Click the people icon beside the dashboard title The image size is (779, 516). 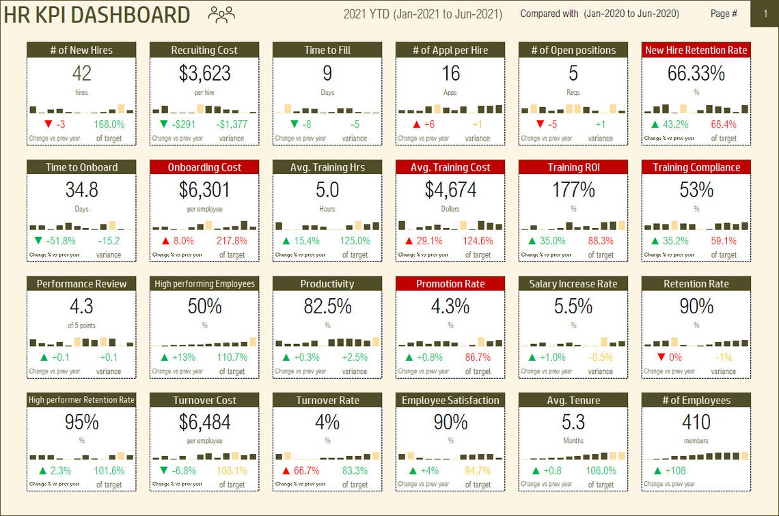[221, 14]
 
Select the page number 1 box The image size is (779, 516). [764, 14]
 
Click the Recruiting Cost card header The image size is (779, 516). [204, 50]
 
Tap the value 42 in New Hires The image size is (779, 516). [81, 74]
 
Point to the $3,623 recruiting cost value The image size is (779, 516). [204, 74]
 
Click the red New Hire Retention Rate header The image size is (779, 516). [696, 50]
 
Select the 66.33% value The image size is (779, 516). [696, 74]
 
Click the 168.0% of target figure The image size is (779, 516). [109, 124]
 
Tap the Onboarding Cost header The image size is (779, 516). [204, 167]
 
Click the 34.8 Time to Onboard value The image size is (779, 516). [81, 190]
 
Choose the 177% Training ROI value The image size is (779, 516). [573, 190]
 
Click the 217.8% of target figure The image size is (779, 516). [232, 241]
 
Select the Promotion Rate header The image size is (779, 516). [450, 284]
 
